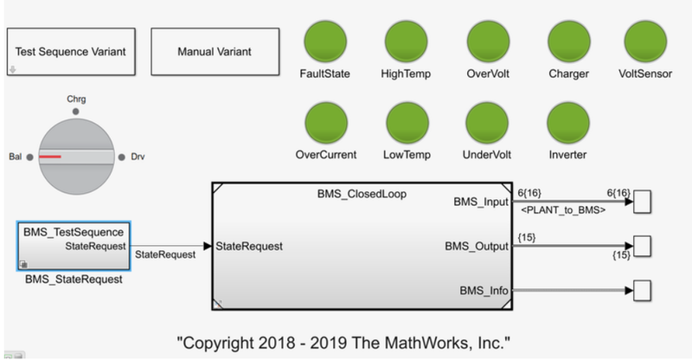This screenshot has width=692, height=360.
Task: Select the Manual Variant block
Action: pos(214,51)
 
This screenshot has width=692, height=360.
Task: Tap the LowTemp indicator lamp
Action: pos(407,124)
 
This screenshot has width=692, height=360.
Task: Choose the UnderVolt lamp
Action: pos(487,124)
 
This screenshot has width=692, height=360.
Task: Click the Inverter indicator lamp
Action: pos(568,124)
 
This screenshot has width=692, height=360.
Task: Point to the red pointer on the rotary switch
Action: pos(50,157)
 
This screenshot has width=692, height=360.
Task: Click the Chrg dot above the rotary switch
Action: pos(76,112)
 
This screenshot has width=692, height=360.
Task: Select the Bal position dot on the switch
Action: pos(30,157)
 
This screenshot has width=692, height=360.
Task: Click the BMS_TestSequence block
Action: pos(74,246)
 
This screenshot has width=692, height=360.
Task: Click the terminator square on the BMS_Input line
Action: pos(643,202)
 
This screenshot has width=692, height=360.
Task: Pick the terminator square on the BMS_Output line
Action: pos(643,247)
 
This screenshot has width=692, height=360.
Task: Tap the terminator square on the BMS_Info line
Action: pos(643,291)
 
